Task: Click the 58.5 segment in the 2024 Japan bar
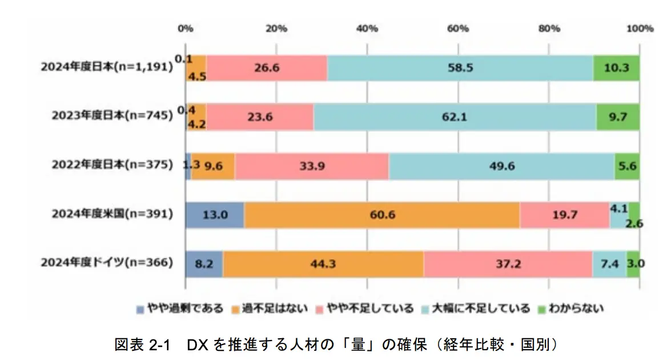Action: pos(460,68)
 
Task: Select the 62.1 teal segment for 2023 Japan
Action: pos(455,117)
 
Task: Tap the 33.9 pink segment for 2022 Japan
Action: pos(311,166)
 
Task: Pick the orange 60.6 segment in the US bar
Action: pos(381,215)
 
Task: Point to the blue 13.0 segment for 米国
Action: pos(215,215)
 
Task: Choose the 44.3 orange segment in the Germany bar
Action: pos(323,263)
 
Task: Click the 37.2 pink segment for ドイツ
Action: pos(508,263)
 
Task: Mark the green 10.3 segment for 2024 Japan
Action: pos(617,68)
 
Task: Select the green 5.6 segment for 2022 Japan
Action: pos(626,166)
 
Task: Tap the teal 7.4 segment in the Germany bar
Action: pos(609,263)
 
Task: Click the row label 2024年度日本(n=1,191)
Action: pos(106,67)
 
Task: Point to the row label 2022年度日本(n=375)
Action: pos(111,165)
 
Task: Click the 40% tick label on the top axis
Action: pos(367,28)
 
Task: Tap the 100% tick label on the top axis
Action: pos(640,28)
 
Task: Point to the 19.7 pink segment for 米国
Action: pos(564,215)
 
